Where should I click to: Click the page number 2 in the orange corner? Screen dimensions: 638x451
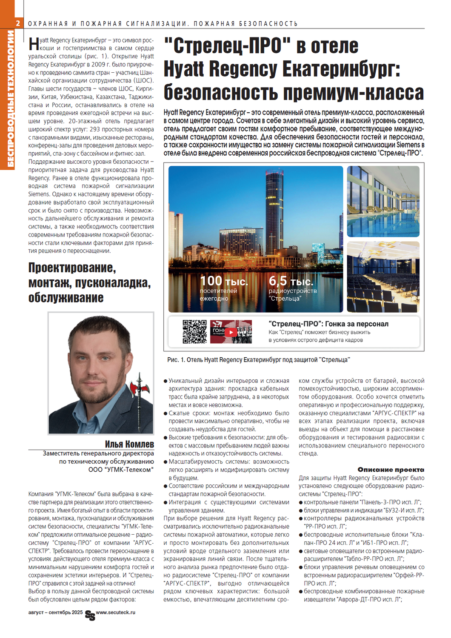pyautogui.click(x=18, y=23)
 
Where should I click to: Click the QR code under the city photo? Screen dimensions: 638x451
pyautogui.click(x=194, y=331)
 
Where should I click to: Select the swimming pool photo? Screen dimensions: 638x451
pyautogui.click(x=383, y=201)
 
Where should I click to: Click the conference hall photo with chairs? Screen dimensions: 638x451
pyautogui.click(x=383, y=277)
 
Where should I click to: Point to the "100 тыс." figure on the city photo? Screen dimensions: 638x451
pyautogui.click(x=224, y=281)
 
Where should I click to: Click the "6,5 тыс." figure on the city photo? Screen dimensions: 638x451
pyautogui.click(x=291, y=281)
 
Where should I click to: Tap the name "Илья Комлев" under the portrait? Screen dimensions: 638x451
pyautogui.click(x=129, y=444)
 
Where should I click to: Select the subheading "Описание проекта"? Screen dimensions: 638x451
pyautogui.click(x=391, y=470)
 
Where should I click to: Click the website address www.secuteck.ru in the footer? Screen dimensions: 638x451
pyautogui.click(x=115, y=612)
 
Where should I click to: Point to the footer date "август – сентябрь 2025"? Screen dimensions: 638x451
pyautogui.click(x=55, y=612)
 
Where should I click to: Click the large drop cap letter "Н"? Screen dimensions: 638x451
pyautogui.click(x=34, y=44)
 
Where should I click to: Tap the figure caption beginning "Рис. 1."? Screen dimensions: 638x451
pyautogui.click(x=258, y=360)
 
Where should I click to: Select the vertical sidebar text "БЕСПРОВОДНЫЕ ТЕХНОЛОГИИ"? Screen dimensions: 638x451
pyautogui.click(x=10, y=98)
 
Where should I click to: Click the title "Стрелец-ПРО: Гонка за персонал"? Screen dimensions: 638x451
pyautogui.click(x=328, y=324)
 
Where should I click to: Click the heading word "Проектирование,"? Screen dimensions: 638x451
pyautogui.click(x=72, y=268)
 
